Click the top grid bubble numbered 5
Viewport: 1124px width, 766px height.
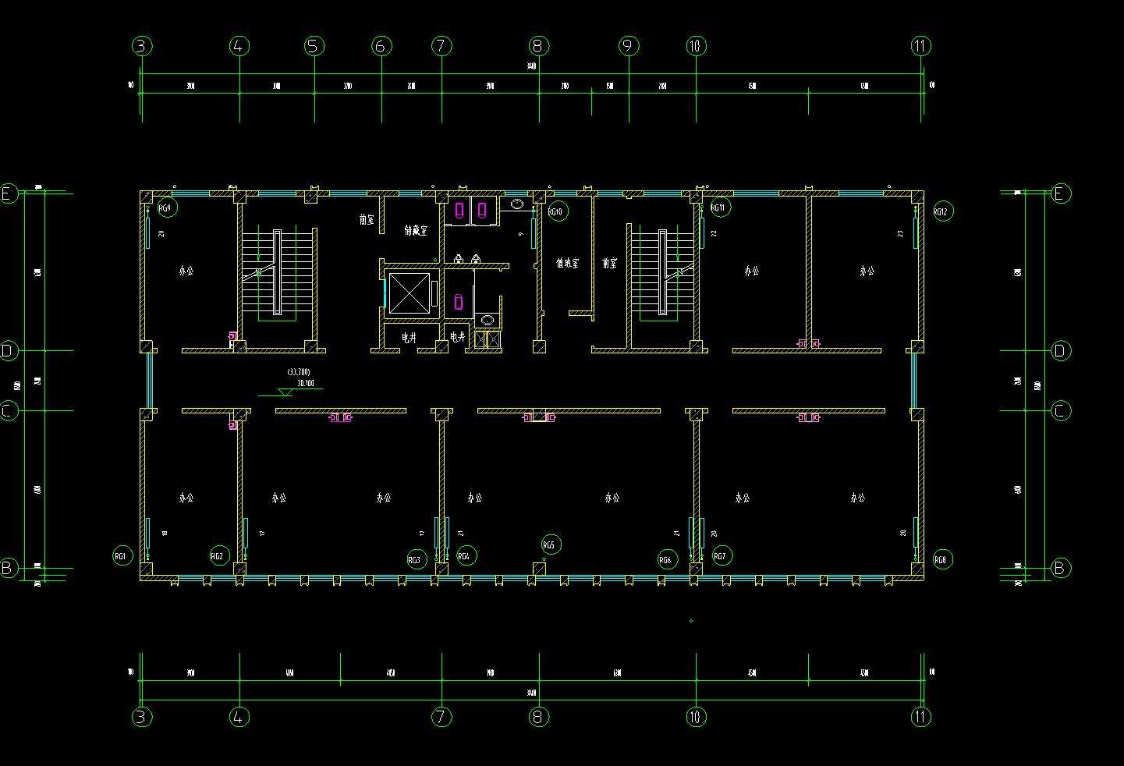point(314,46)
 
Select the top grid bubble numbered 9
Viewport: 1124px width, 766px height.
point(629,46)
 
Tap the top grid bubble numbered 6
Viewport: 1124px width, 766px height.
point(381,46)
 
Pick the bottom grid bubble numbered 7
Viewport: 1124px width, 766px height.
point(441,716)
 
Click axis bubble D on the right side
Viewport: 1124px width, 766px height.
point(1059,351)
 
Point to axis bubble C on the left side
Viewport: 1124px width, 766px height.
point(8,410)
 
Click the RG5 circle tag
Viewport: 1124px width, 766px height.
point(550,544)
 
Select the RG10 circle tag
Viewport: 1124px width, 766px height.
point(555,211)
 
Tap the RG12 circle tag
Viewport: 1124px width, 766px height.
point(942,211)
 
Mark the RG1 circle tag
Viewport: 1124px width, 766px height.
point(122,555)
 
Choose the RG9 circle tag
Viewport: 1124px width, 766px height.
point(166,207)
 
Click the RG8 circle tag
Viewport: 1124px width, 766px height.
point(942,559)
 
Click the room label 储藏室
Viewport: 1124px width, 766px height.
point(415,230)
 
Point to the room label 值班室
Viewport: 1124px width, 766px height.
point(567,264)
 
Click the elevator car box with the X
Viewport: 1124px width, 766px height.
point(409,294)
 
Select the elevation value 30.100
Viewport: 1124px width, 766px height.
point(305,383)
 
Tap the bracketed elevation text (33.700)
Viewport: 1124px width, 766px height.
point(299,372)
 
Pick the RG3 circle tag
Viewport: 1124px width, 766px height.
point(416,559)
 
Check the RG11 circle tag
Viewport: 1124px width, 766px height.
point(719,207)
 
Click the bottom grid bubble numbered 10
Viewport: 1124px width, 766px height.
point(696,716)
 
